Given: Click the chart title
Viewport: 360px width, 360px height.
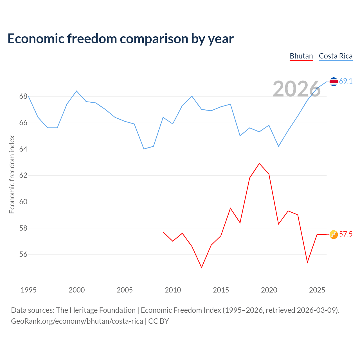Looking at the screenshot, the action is tap(120, 39).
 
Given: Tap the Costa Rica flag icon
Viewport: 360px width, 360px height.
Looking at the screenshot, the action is tap(334, 82).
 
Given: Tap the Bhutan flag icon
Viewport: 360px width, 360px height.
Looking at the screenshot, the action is tap(334, 235).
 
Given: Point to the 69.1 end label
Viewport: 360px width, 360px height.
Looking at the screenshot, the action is tap(346, 81).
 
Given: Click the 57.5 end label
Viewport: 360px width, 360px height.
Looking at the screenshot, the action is tap(346, 234).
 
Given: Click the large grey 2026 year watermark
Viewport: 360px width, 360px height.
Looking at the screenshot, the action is tap(297, 89).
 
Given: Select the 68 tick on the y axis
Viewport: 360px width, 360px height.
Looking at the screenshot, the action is tap(23, 96).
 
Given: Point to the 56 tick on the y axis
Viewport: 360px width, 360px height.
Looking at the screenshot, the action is tap(23, 255).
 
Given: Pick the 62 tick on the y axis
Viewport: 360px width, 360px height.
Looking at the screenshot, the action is tap(23, 175).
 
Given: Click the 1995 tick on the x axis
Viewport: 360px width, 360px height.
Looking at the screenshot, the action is tap(29, 290).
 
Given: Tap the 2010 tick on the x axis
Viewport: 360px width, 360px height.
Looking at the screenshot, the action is tap(173, 290).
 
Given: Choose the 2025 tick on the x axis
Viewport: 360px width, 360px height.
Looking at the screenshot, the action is tap(317, 290).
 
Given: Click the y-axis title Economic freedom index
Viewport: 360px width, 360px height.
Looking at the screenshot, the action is tap(12, 174).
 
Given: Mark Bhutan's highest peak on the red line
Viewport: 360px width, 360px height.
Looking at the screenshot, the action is tap(259, 163).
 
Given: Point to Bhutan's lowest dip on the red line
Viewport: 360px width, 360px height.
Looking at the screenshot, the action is tap(202, 267).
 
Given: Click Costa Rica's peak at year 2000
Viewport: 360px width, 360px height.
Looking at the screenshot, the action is tap(76, 91).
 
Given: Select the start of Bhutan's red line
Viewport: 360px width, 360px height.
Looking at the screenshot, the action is tap(163, 232).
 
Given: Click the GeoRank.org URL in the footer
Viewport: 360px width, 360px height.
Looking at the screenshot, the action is tap(77, 321).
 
